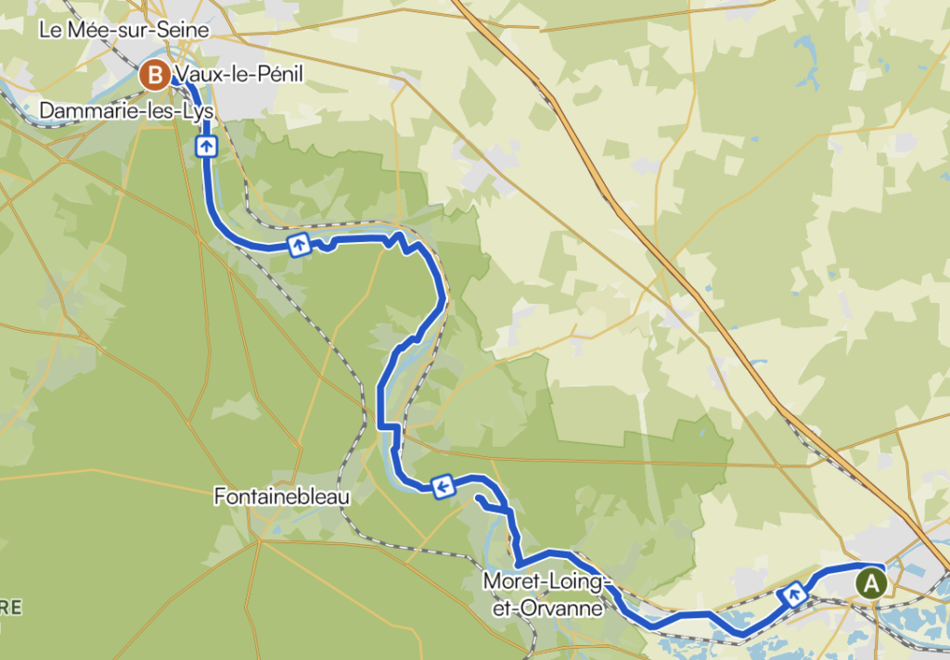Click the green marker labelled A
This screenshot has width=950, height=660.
click(871, 583)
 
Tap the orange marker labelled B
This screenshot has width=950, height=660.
click(154, 74)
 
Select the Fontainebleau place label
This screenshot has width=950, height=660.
click(282, 497)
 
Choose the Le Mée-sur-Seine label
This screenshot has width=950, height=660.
click(124, 30)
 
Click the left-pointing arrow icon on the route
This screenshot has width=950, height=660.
click(443, 486)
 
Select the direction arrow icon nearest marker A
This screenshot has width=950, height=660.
click(795, 594)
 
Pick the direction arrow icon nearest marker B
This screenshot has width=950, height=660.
click(206, 145)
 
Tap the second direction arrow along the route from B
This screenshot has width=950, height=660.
click(298, 245)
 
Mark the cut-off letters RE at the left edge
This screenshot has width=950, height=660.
click(10, 608)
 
